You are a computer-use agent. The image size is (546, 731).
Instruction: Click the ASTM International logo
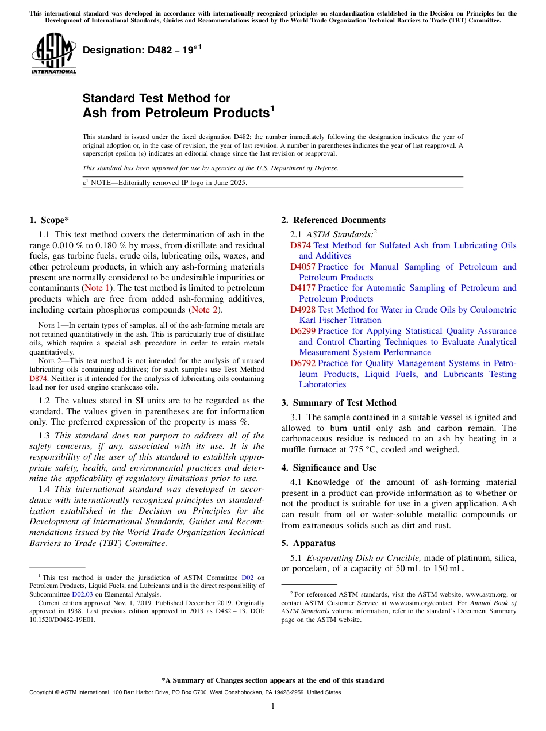[x=53, y=54]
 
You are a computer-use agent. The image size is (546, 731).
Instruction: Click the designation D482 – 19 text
[x=141, y=50]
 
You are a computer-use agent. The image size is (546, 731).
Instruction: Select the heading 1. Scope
[x=50, y=220]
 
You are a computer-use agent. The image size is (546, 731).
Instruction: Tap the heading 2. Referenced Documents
[x=333, y=220]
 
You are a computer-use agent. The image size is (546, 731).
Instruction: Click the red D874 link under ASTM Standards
[x=301, y=245]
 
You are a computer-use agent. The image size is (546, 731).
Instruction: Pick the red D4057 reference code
[x=303, y=267]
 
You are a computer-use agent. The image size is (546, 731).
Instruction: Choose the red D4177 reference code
[x=303, y=288]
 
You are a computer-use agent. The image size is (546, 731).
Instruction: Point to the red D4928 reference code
[x=303, y=309]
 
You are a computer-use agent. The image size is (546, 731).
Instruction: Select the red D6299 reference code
[x=303, y=331]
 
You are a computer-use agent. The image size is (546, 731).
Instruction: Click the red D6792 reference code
[x=303, y=363]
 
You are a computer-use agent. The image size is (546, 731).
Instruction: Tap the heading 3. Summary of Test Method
[x=339, y=403]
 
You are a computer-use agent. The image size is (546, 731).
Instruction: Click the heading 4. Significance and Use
[x=329, y=468]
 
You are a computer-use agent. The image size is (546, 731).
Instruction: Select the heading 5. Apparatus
[x=308, y=543]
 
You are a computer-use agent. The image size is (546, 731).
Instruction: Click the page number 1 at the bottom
[x=273, y=706]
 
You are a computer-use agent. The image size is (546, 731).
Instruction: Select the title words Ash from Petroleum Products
[x=176, y=113]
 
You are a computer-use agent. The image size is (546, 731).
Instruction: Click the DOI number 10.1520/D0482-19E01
[x=63, y=620]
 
